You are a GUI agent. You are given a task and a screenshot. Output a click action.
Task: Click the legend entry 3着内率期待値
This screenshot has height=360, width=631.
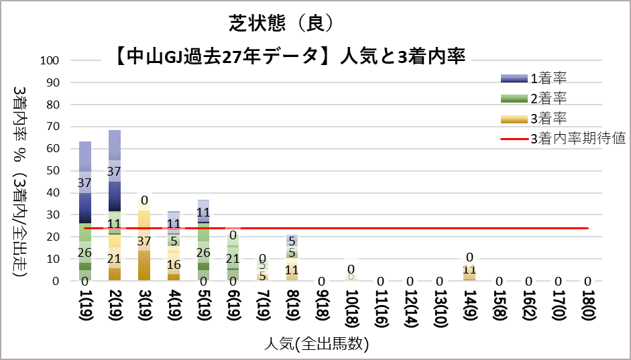click(577, 139)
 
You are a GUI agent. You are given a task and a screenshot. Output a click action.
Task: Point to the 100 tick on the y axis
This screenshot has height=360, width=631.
click(51, 60)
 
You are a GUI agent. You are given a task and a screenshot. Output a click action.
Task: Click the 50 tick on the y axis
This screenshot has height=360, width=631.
click(54, 171)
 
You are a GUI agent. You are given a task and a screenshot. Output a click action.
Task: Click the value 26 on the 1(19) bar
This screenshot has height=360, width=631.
click(85, 252)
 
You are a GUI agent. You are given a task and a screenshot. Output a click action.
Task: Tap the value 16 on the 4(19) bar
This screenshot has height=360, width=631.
click(174, 263)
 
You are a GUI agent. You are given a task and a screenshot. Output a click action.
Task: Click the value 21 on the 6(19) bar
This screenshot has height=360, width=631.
click(233, 258)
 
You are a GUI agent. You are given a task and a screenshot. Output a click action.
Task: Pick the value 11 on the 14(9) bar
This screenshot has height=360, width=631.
click(470, 270)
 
